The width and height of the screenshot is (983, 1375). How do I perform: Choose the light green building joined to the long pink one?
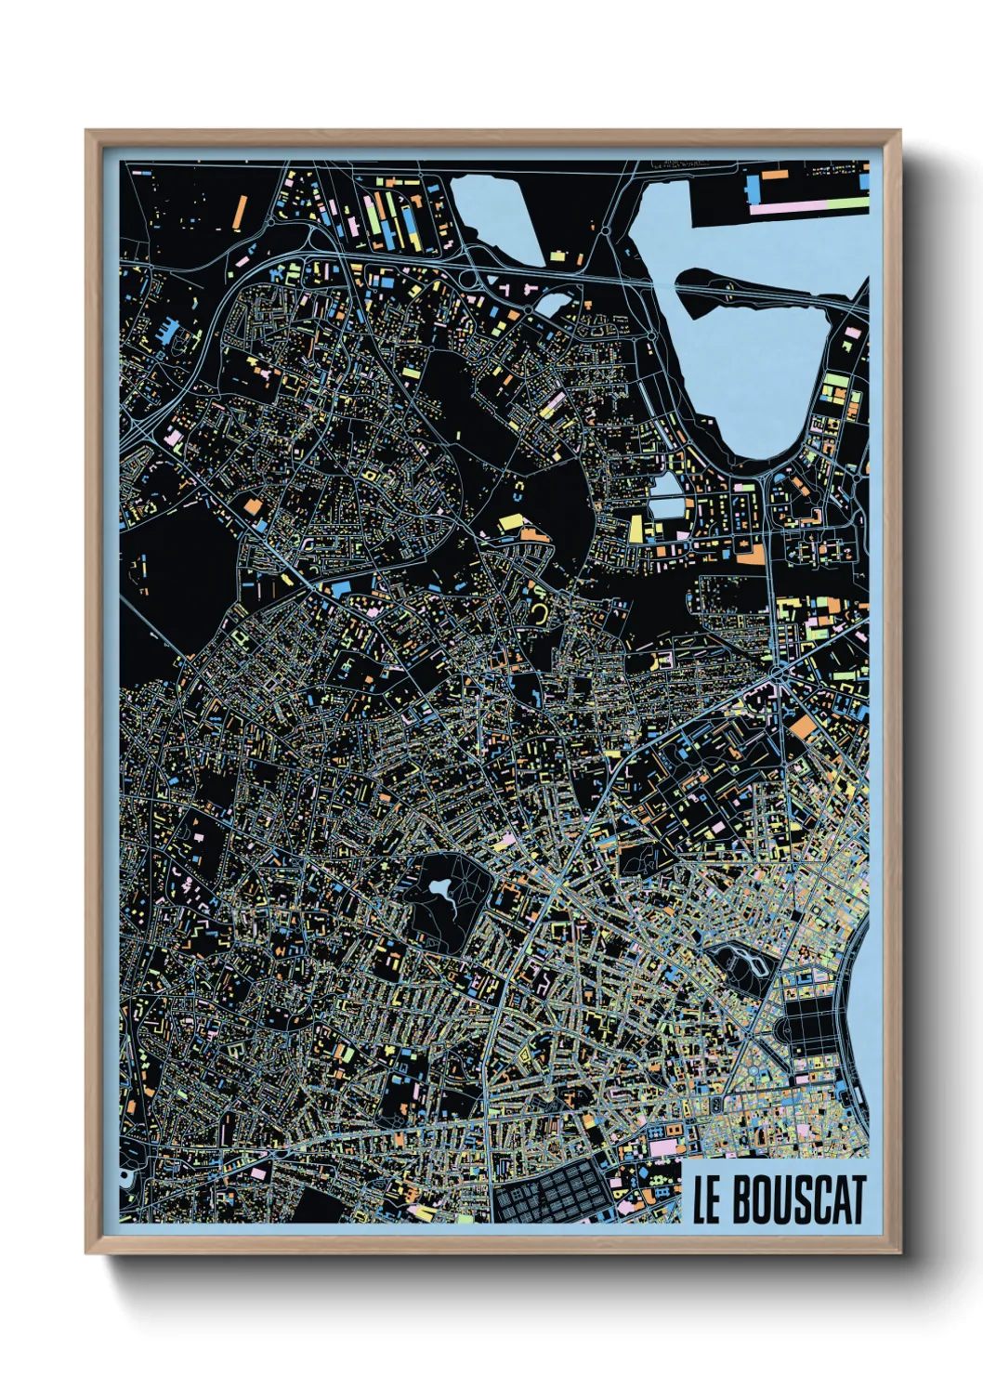pos(841,203)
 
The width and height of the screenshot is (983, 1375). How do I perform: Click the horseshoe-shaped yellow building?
pos(539,613)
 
